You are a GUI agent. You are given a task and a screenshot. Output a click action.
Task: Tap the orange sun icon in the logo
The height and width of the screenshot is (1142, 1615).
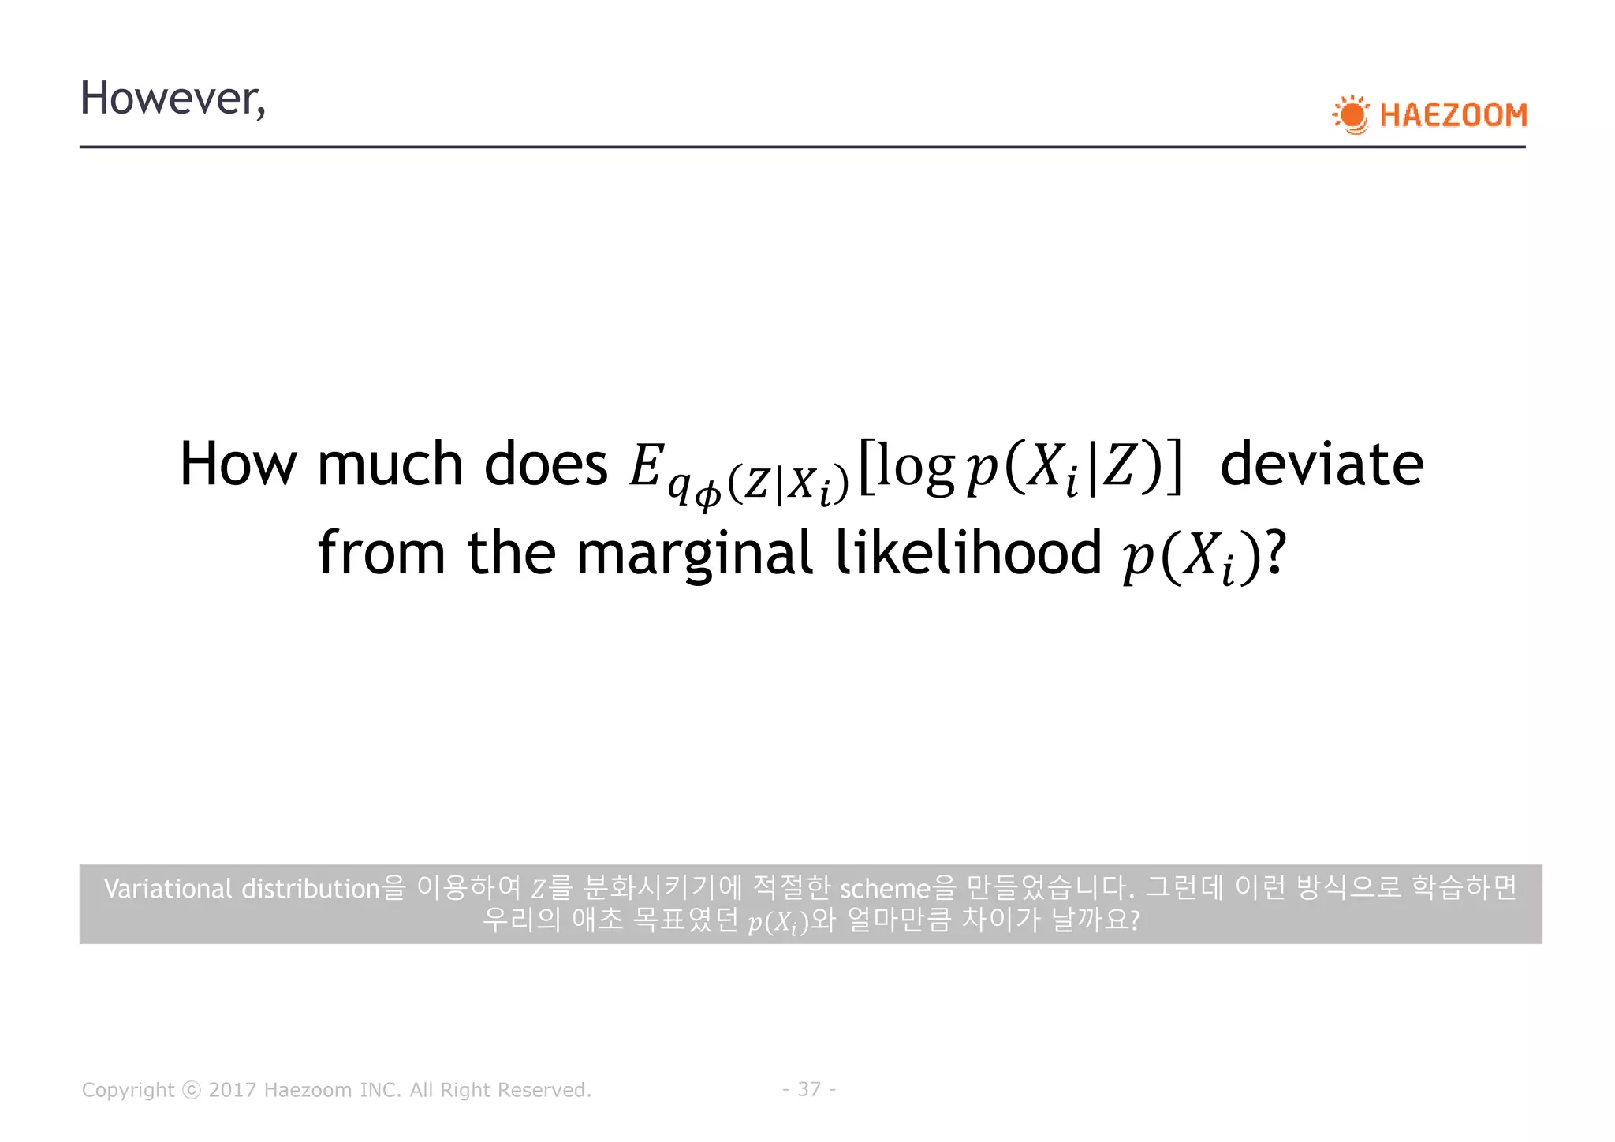point(1352,115)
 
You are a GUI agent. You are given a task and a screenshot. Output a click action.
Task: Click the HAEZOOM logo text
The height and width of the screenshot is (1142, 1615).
point(1453,115)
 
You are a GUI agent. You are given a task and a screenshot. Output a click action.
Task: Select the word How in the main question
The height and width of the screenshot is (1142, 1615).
point(238,464)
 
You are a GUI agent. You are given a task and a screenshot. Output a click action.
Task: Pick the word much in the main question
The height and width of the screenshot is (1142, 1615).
point(390,464)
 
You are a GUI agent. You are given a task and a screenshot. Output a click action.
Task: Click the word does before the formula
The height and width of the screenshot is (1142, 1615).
point(546,464)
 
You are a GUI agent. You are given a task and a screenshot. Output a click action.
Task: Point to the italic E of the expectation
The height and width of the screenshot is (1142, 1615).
point(644,465)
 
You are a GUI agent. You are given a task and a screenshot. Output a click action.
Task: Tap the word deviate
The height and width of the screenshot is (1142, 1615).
point(1322,464)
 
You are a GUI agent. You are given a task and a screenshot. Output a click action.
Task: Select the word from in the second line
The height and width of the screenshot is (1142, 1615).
point(382,553)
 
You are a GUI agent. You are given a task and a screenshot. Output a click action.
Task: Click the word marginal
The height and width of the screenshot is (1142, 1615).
point(694,554)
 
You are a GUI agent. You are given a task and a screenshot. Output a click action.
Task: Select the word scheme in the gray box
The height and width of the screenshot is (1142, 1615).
point(886,889)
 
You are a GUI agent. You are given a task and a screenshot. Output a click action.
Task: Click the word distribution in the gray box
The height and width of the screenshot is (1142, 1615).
point(311,889)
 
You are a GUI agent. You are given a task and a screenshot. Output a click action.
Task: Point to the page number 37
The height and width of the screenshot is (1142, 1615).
point(809,1089)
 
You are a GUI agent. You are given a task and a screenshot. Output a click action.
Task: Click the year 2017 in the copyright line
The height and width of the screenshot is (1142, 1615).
point(232,1090)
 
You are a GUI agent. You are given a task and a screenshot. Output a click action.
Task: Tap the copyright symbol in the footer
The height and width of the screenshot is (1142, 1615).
point(192,1090)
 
